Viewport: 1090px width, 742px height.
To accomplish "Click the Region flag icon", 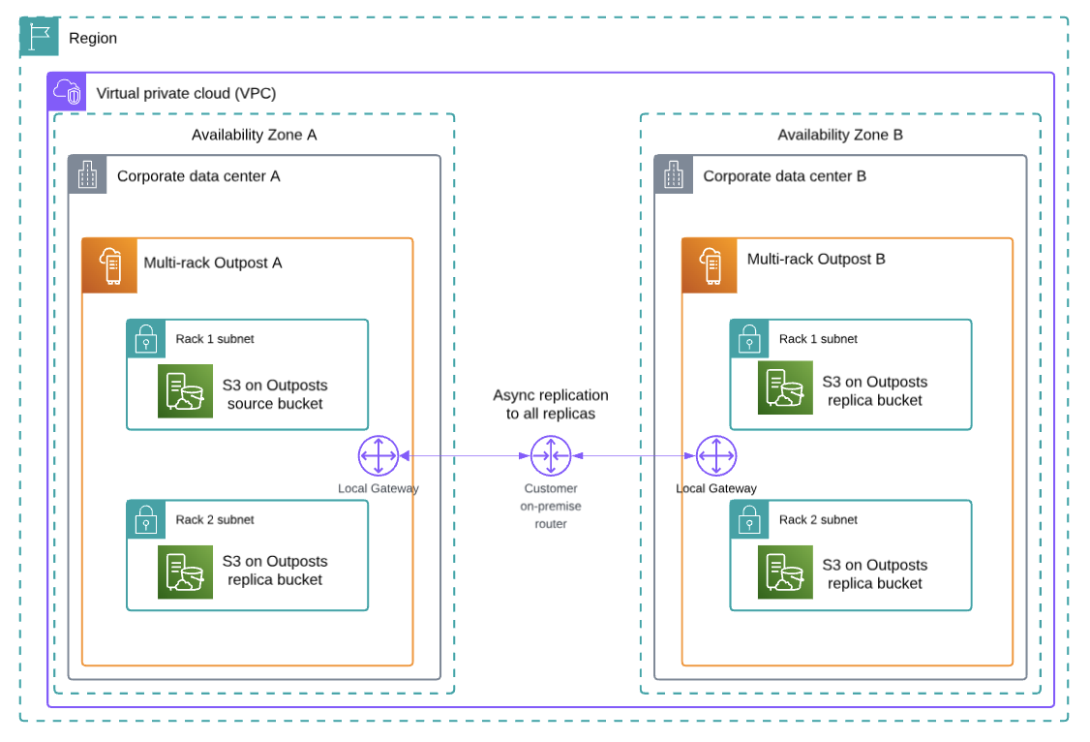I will coord(39,37).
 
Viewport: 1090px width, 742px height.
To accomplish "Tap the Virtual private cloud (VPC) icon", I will coord(67,92).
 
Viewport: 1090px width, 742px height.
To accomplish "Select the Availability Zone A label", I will coord(254,135).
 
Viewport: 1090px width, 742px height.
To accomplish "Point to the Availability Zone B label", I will coord(839,135).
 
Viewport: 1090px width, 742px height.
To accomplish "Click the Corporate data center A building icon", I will coord(88,175).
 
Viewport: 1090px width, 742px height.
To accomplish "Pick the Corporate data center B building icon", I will coord(674,175).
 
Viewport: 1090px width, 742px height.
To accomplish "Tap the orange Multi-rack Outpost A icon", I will coord(109,265).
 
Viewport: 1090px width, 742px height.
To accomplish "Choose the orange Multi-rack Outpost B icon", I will coord(710,265).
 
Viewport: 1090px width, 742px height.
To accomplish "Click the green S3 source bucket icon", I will coord(185,391).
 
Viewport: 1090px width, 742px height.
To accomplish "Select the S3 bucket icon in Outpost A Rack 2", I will coord(185,572).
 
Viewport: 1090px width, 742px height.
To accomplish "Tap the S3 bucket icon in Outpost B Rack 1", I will coord(785,387).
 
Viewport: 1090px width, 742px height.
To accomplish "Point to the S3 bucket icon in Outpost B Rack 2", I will coord(785,572).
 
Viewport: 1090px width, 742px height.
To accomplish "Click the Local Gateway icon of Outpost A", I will coord(378,455).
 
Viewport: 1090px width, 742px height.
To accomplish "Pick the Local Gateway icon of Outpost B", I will coord(716,455).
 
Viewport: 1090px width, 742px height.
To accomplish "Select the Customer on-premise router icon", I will coord(551,455).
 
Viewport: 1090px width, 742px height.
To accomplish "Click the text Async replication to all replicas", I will coord(551,404).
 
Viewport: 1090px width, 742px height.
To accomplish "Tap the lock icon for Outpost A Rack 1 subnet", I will coord(146,339).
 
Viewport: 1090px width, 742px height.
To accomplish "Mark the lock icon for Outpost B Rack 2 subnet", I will coord(749,520).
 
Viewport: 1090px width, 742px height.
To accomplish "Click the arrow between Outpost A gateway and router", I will coord(465,455).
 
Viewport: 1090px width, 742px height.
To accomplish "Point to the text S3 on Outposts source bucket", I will coord(275,393).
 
